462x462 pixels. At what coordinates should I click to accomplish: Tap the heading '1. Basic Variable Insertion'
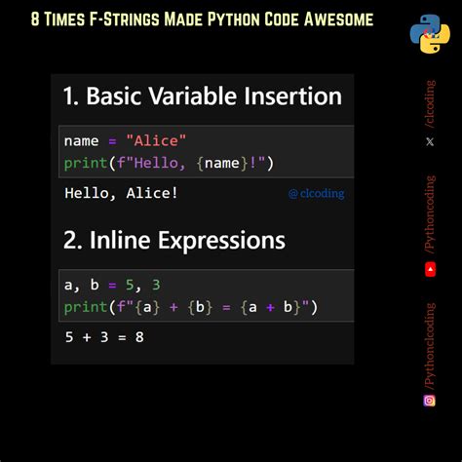[202, 96]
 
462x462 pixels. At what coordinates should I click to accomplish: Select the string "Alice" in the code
[156, 141]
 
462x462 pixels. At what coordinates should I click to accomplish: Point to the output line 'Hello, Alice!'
[121, 192]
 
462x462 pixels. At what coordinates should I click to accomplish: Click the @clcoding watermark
[316, 193]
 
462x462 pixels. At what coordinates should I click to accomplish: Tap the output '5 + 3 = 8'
[104, 337]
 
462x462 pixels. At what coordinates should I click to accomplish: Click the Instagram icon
[430, 400]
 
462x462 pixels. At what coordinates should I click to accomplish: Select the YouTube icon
[430, 269]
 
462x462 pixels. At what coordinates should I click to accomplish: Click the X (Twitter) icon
[430, 141]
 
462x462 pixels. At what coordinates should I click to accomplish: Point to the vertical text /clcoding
[430, 103]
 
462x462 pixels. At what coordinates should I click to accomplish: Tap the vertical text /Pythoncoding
[430, 213]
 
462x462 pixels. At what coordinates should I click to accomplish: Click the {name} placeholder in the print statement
[221, 163]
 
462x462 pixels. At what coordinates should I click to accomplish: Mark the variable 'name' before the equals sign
[81, 141]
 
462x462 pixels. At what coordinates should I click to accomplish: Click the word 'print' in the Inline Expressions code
[85, 309]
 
